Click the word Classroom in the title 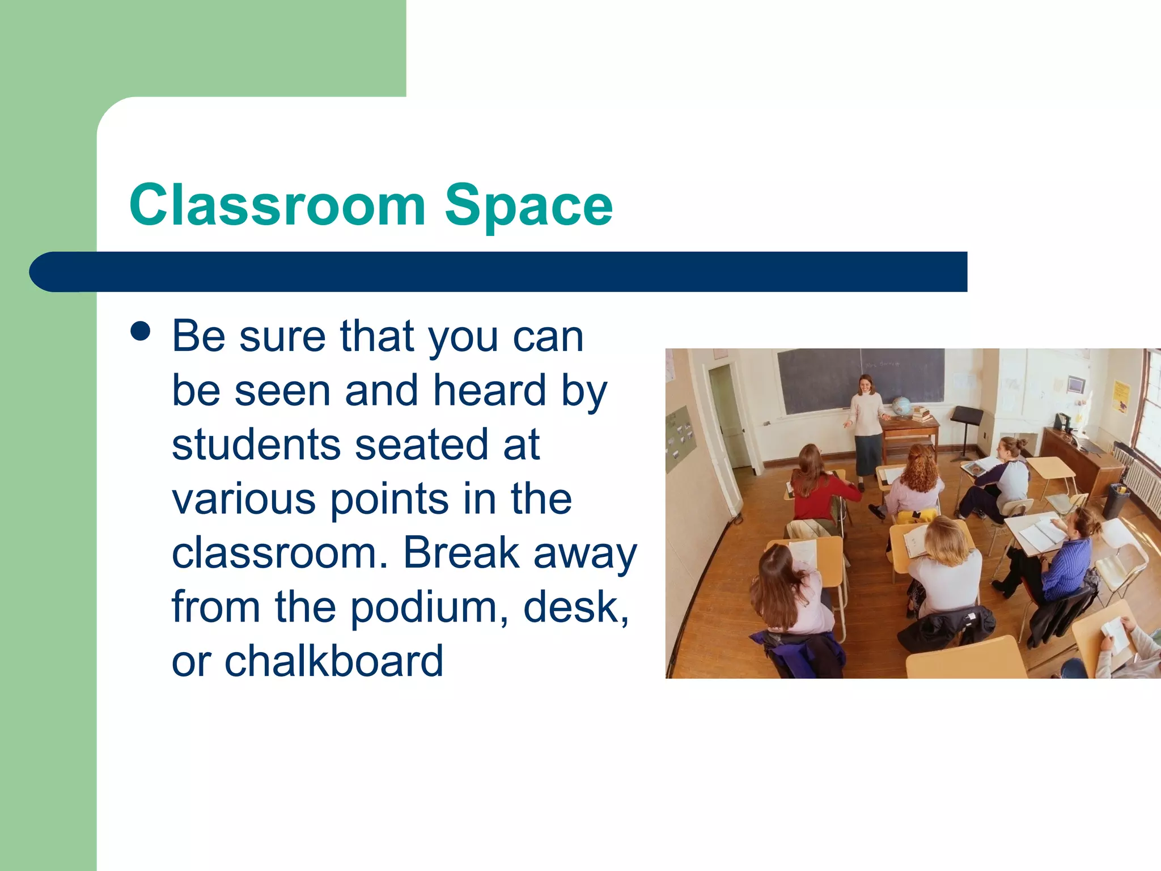(277, 205)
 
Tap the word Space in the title (528, 206)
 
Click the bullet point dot (140, 331)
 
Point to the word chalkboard (334, 661)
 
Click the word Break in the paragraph (461, 553)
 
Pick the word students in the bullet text (256, 445)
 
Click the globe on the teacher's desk (901, 406)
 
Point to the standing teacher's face (866, 385)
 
